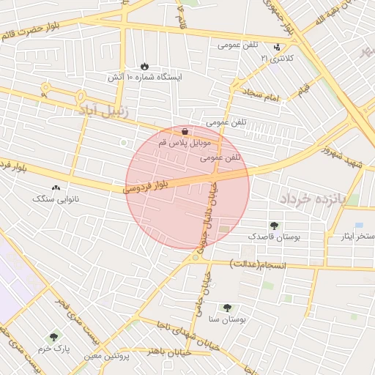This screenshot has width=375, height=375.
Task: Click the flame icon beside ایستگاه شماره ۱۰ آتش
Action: (144, 66)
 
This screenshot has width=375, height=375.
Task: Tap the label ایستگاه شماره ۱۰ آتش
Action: (144, 77)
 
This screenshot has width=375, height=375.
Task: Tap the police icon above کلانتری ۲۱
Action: (276, 47)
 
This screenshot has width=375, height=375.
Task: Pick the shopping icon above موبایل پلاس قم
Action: (183, 132)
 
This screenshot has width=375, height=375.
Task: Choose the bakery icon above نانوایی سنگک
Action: (56, 187)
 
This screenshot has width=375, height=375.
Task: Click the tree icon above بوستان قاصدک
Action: (274, 226)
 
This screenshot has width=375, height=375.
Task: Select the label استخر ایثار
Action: (357, 236)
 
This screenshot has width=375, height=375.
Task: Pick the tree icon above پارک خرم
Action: (53, 338)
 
